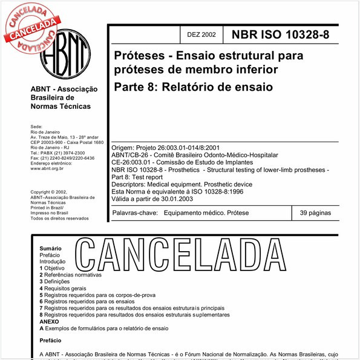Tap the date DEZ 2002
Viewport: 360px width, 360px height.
click(201, 35)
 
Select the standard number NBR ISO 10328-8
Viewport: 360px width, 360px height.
click(281, 34)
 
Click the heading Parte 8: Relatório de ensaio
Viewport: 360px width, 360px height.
click(193, 87)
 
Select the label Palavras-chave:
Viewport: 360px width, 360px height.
click(136, 214)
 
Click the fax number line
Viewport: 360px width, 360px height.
click(62, 158)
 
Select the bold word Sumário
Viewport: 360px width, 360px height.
click(50, 249)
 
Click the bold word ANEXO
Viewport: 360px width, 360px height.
click(50, 322)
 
